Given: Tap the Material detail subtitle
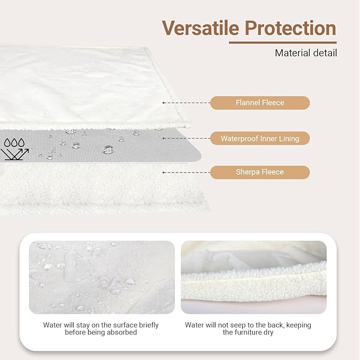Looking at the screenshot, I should coord(306,52).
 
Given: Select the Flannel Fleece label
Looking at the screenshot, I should coord(260,103).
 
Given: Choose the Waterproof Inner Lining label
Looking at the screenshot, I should coord(260,138).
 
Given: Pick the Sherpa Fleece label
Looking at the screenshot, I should coord(260,172).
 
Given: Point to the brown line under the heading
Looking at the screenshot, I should coord(283,42).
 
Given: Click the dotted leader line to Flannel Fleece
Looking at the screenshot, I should coord(186,103).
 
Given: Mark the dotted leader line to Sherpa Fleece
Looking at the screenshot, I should coord(186,172).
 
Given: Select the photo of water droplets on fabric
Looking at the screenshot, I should coord(102,277).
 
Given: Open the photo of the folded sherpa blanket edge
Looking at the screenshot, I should coord(253,277).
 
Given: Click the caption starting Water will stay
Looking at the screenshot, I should coord(101,328).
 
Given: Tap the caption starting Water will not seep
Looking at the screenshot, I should coord(248,328).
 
